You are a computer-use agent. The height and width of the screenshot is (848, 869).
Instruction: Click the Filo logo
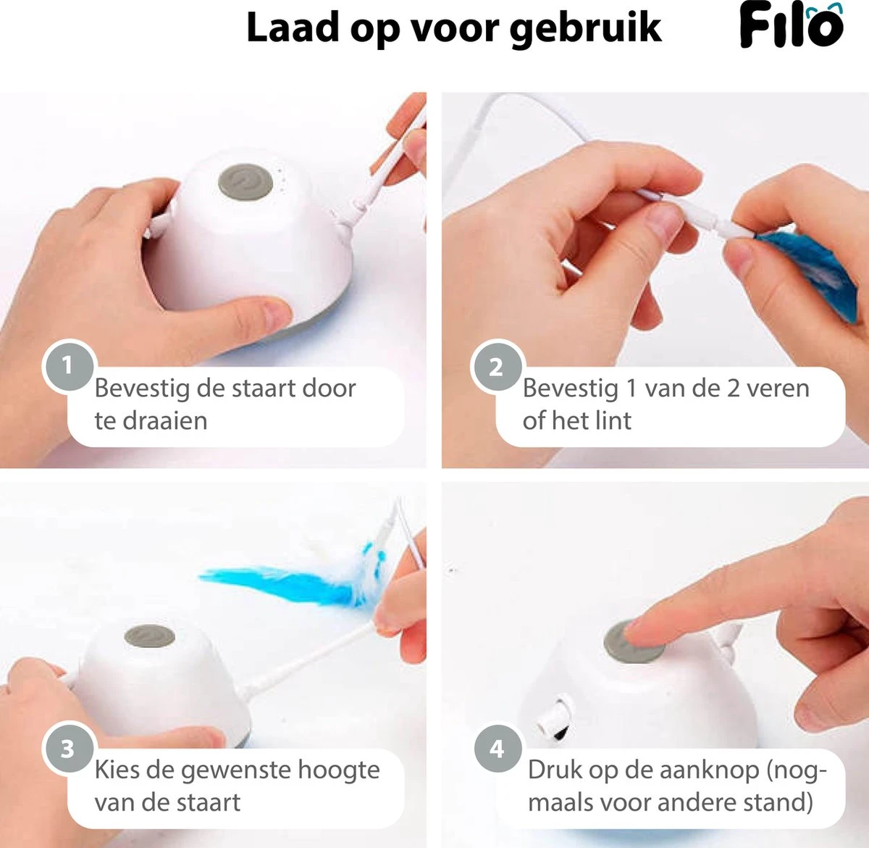point(792,27)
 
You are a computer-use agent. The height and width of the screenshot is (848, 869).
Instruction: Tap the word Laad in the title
point(294,28)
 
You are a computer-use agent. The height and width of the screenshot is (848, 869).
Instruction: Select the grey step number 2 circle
point(497,367)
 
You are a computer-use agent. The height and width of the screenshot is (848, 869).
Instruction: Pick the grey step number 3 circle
point(68,749)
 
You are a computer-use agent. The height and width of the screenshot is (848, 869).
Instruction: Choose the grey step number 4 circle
point(498,749)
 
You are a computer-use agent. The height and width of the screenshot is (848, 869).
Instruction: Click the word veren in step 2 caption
point(777,388)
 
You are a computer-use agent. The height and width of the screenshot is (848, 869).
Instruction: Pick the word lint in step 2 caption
point(613,421)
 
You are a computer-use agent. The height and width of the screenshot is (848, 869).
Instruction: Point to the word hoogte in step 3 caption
point(337,770)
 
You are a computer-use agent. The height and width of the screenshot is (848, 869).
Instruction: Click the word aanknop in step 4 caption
point(700,770)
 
